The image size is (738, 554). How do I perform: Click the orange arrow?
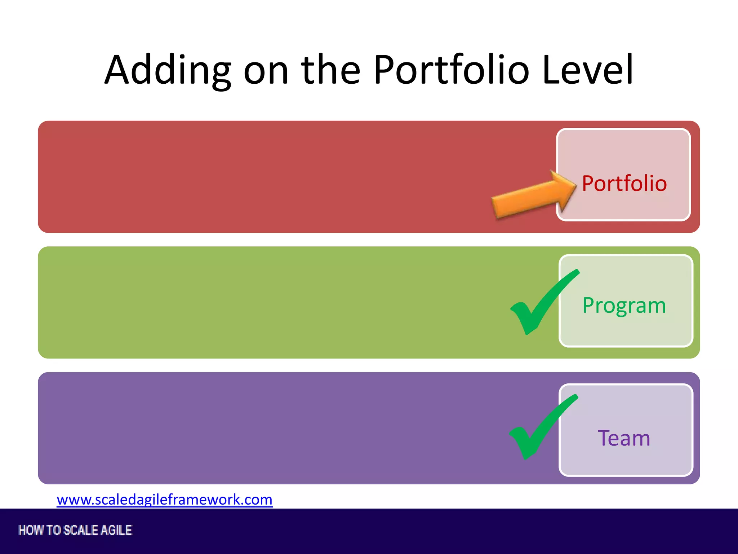tap(530, 198)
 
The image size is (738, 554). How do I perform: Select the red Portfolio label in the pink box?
tap(624, 184)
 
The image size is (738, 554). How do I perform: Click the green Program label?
tap(624, 306)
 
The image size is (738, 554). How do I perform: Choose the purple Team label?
tap(624, 438)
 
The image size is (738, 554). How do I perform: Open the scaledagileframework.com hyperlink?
tap(165, 500)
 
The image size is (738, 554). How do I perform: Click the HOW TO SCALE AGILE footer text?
tap(75, 530)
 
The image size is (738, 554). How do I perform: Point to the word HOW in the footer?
tap(31, 530)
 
